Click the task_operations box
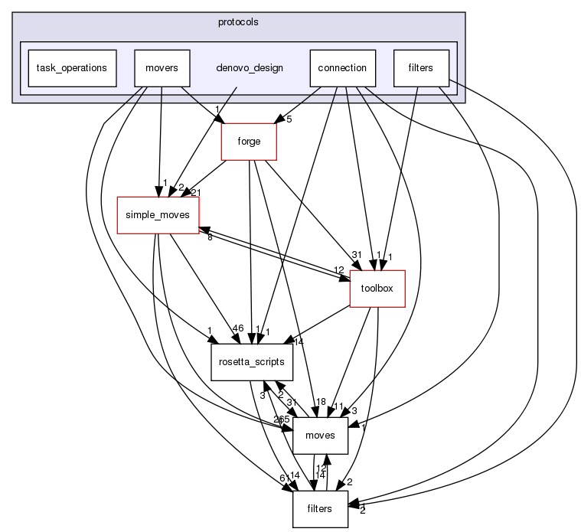click(71, 68)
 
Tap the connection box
click(343, 68)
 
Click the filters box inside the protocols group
click(421, 68)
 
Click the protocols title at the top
click(238, 21)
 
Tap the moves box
click(321, 436)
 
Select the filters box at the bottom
click(321, 509)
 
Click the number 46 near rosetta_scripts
click(238, 328)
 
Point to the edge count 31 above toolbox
click(355, 255)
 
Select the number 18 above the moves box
click(321, 403)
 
